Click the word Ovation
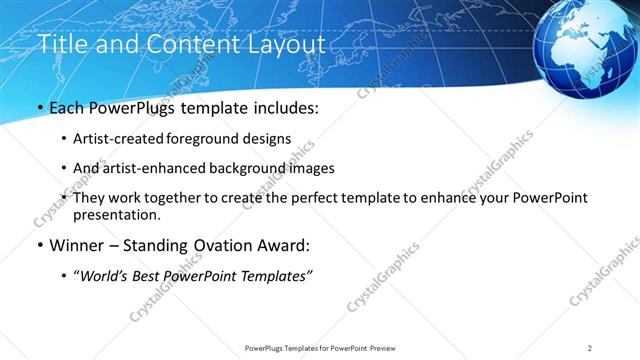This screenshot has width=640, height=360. [215, 244]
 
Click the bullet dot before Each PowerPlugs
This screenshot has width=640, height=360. [40, 108]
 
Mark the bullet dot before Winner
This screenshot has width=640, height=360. [40, 245]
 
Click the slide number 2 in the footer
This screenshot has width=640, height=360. [590, 347]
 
